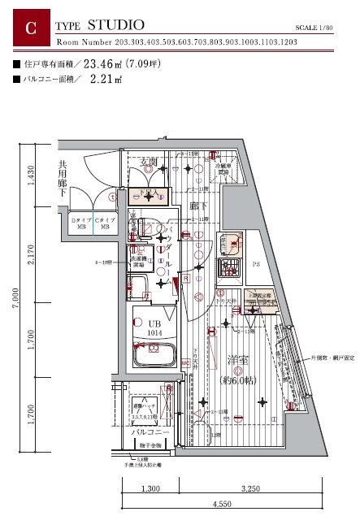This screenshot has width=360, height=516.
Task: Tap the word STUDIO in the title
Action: coord(116,25)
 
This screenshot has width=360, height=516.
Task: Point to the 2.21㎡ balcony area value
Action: coord(106,80)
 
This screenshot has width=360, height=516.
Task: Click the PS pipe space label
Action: coord(255,264)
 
